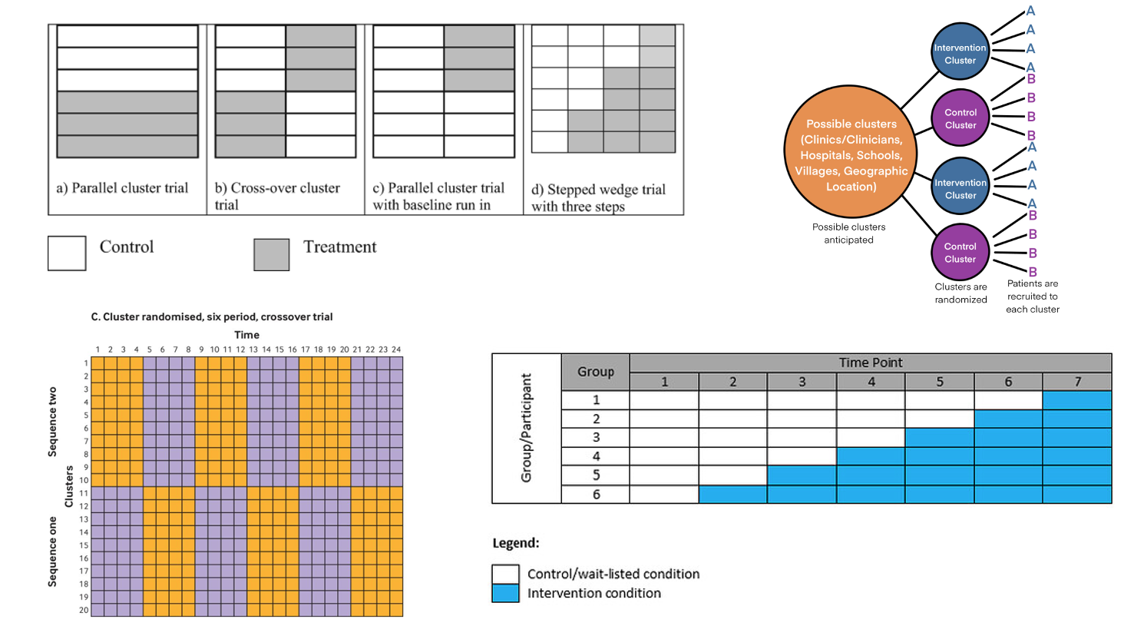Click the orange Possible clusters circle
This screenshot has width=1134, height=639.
pos(850,152)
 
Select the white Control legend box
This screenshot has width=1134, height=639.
pos(67,253)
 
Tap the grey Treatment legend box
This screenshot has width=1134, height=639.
pos(271,254)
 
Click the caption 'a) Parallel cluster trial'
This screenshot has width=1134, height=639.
pos(122,188)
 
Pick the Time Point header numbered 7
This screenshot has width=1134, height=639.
pos(1077,382)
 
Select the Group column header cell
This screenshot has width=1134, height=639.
pos(596,372)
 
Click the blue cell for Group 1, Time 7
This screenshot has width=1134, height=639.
pos(1077,399)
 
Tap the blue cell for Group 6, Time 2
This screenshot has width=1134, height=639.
pos(732,495)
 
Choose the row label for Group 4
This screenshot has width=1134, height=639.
pos(596,456)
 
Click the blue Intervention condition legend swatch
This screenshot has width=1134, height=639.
pos(505,593)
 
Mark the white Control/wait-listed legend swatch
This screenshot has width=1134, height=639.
pos(505,574)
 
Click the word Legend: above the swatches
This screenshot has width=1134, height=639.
pos(516,543)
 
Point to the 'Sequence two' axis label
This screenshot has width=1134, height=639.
pos(52,422)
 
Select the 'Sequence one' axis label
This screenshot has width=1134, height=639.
pos(52,551)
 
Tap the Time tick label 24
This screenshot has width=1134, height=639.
pos(396,349)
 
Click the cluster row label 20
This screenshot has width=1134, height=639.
pos(84,611)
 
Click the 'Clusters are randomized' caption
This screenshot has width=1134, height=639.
pos(960,293)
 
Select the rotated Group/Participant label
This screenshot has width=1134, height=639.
pos(526,428)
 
